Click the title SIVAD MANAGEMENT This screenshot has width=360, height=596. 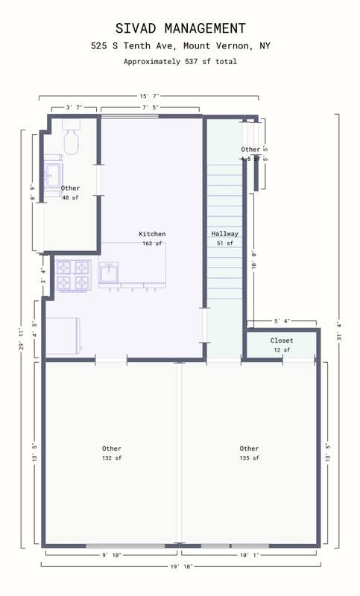[x=180, y=28]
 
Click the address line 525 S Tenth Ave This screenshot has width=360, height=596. [x=180, y=46]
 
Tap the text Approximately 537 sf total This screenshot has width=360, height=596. [x=180, y=62]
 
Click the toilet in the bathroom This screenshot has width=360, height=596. [x=72, y=138]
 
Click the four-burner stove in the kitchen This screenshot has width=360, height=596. [x=73, y=274]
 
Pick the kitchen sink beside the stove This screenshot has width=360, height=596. [x=110, y=273]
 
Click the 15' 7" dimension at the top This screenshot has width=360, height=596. [x=149, y=96]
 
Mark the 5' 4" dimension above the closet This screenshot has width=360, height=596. [x=281, y=322]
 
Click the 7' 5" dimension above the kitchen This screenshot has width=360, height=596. [x=150, y=108]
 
